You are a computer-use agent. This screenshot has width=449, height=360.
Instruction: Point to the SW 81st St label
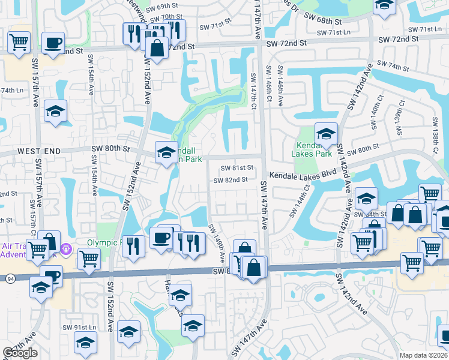click(234, 169)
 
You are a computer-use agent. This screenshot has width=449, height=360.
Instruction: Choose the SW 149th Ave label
click(216, 241)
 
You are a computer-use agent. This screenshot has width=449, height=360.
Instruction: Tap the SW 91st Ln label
click(79, 328)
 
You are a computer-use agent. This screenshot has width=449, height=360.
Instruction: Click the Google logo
click(20, 353)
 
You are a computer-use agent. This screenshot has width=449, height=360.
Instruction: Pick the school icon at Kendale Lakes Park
click(326, 133)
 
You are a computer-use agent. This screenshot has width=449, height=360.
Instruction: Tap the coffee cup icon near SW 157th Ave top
click(53, 43)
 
